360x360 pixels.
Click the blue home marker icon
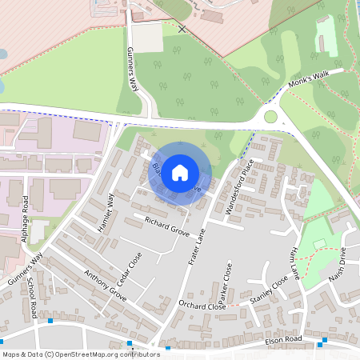(x=180, y=171)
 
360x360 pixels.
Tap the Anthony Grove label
(x=105, y=285)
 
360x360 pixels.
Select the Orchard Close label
(x=202, y=306)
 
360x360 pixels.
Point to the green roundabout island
(x=270, y=117)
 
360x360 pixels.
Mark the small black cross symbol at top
(x=182, y=28)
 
